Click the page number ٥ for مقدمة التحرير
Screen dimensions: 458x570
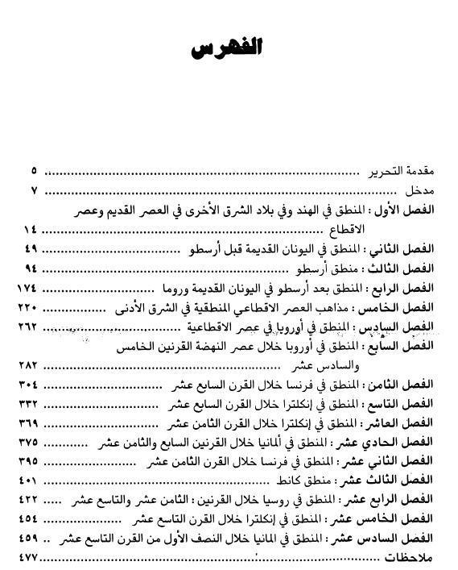[35, 172]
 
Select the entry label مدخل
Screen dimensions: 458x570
[421, 191]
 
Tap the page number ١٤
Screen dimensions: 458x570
[31, 230]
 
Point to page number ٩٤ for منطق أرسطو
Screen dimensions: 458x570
[31, 268]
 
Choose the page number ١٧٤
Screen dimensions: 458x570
[28, 288]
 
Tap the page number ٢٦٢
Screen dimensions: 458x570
[28, 327]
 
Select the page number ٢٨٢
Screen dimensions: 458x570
[28, 365]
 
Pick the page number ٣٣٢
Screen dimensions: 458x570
[28, 404]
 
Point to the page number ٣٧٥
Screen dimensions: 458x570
[28, 442]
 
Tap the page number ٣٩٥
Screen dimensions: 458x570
[28, 461]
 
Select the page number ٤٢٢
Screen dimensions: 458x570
[28, 500]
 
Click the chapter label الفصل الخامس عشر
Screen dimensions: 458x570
[394, 519]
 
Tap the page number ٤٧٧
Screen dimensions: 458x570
[28, 558]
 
